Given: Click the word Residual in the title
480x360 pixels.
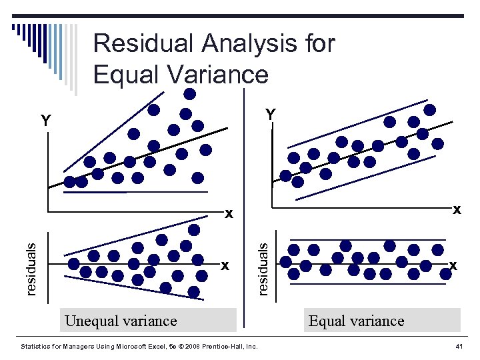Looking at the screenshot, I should click(141, 44).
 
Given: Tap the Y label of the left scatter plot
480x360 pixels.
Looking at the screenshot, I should click(45, 121).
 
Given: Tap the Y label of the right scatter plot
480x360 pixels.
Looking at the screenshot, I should click(270, 115).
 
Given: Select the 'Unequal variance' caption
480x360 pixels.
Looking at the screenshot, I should click(121, 321).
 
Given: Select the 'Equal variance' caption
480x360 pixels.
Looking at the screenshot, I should click(356, 321).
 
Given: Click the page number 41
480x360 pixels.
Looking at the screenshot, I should click(459, 347).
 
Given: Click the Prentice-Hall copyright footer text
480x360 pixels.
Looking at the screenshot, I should click(139, 347).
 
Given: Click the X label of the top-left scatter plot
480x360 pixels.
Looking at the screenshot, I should click(229, 214).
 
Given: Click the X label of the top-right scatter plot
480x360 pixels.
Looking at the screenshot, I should click(457, 209).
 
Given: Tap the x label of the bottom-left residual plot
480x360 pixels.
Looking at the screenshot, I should click(225, 265).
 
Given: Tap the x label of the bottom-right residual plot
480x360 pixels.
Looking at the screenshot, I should click(453, 265).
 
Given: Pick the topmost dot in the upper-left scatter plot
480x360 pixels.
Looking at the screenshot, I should click(190, 93).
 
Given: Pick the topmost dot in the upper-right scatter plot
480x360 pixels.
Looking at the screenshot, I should click(430, 109).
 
